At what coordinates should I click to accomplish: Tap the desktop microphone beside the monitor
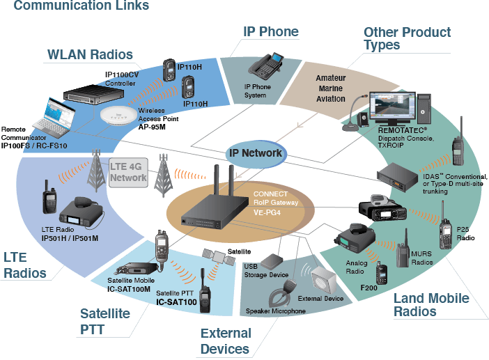pyautogui.click(x=357, y=115)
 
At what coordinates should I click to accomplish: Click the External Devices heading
pyautogui.click(x=224, y=341)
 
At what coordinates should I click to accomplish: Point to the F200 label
pyautogui.click(x=372, y=286)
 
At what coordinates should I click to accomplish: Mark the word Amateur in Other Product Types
pyautogui.click(x=331, y=79)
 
